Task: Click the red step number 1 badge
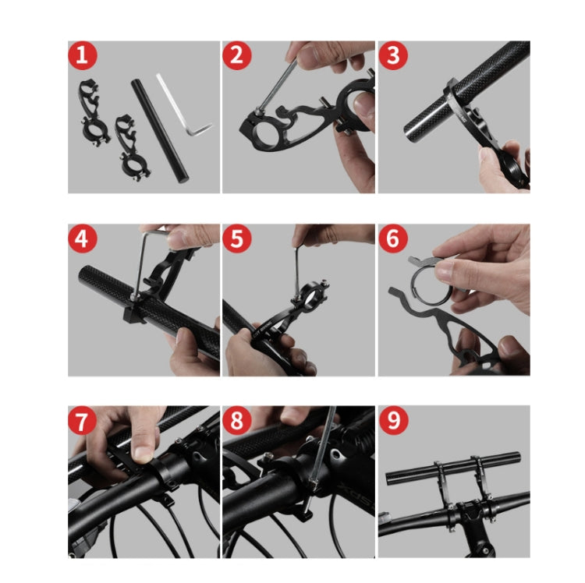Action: (x=83, y=57)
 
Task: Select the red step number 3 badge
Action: (x=394, y=57)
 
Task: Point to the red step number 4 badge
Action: (x=83, y=239)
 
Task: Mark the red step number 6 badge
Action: (x=394, y=239)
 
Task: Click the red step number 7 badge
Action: (x=83, y=422)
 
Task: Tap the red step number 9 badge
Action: (x=394, y=422)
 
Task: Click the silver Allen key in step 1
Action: (x=186, y=109)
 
